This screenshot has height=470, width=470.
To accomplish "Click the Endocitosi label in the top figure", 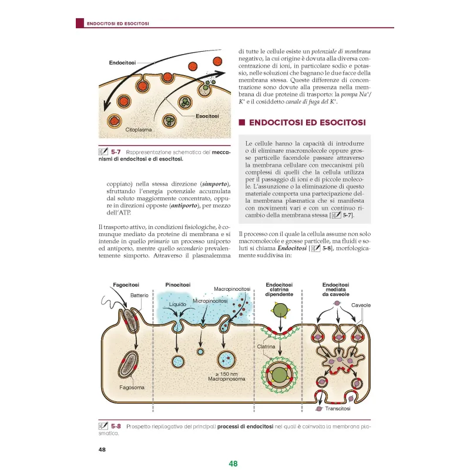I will tap(122, 62).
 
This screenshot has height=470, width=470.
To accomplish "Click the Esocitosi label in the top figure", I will tap(207, 116).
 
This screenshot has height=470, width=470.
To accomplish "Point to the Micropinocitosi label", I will tap(210, 301).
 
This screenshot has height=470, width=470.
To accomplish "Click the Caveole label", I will tap(361, 305).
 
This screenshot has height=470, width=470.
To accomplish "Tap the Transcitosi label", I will tap(338, 408).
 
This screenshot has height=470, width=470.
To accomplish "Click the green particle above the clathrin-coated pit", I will tap(283, 309).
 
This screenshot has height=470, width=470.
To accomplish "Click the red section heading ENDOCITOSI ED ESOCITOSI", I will tap(307, 123).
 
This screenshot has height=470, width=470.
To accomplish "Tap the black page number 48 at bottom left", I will tap(103, 450).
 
